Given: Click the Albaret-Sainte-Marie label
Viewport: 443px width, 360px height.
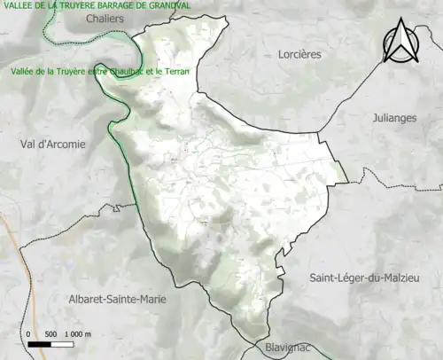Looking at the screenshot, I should click(x=116, y=300).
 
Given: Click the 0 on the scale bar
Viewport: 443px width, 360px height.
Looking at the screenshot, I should click(x=29, y=333).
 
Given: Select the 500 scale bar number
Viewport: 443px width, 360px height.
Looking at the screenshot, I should click(x=51, y=333).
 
